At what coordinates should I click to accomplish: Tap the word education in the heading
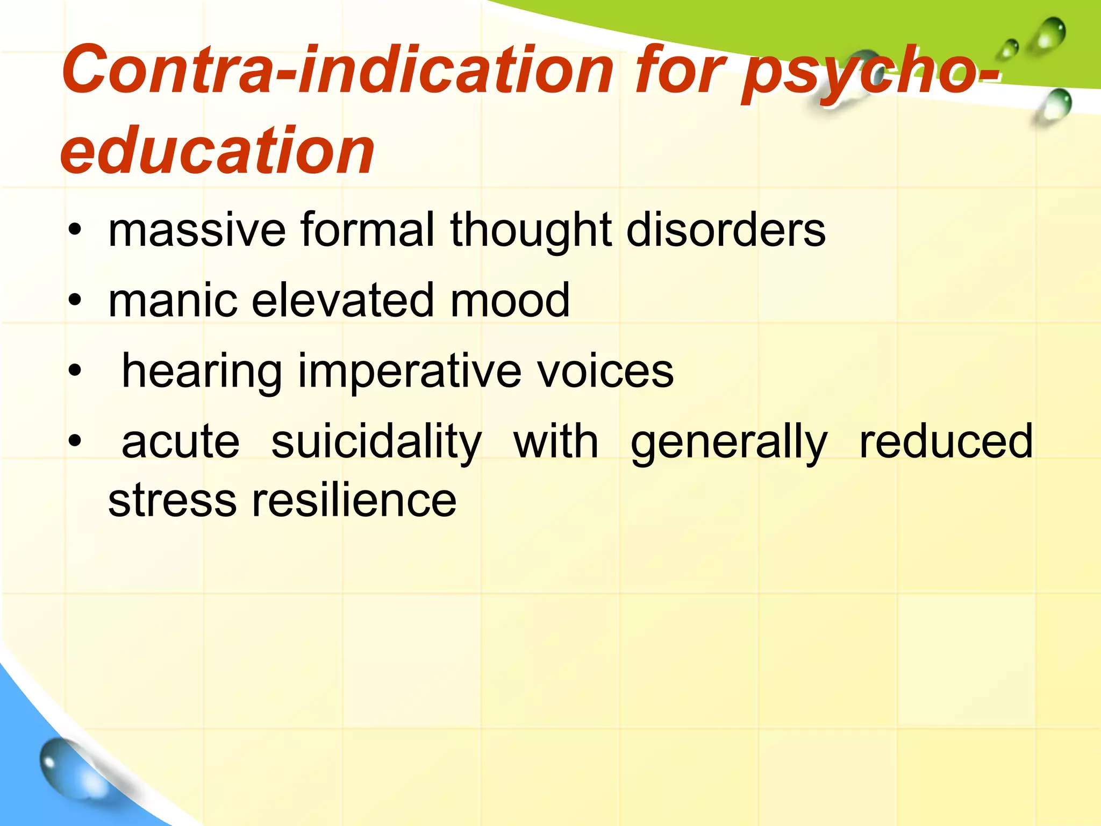coord(217,150)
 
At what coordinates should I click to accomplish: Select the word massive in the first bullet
coord(197,230)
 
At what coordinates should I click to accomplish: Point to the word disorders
coord(726,230)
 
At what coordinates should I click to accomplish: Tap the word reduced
coord(946,442)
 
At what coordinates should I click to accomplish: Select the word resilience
coord(354,500)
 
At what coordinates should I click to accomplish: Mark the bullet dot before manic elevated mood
coord(75,301)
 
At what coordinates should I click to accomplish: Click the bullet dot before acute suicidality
coord(75,442)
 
